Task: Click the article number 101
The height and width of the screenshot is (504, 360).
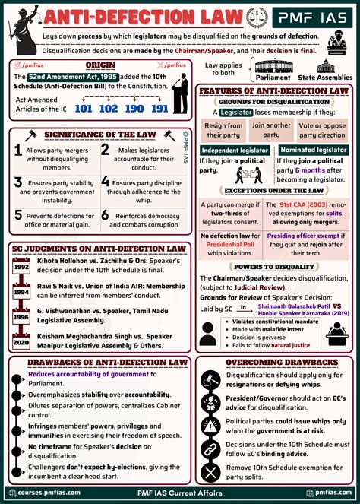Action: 84,109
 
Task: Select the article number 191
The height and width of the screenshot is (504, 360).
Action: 159,109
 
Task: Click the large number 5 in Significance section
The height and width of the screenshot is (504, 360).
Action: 17,219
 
